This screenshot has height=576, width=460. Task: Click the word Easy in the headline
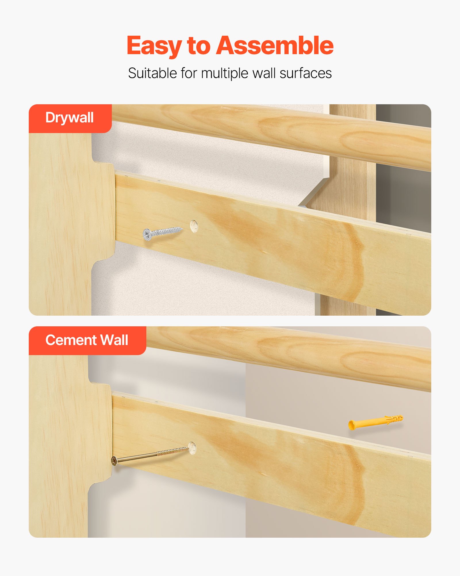(x=154, y=46)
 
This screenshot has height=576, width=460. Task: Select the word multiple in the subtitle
(x=225, y=74)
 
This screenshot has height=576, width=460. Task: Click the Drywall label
(x=70, y=118)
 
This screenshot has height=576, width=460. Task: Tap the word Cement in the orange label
(x=68, y=340)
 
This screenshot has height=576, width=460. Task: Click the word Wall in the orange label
(x=114, y=340)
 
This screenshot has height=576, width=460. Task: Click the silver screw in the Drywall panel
(x=162, y=232)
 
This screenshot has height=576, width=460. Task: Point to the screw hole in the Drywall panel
(x=194, y=226)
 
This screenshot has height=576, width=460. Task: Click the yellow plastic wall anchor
(x=375, y=422)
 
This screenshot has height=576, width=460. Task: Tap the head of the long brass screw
(x=114, y=461)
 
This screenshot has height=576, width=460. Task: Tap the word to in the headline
(x=199, y=46)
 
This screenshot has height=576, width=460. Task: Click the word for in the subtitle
(x=189, y=73)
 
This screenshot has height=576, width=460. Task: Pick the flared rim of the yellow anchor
(x=351, y=425)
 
